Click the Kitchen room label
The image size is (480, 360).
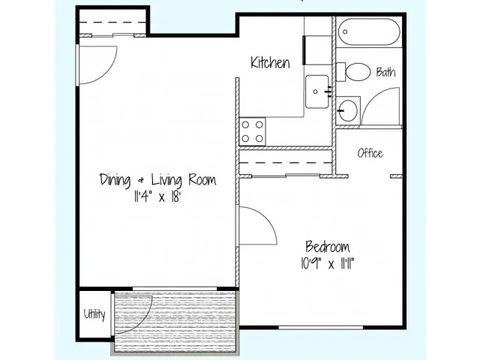(x=270, y=62)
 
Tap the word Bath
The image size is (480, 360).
(x=385, y=72)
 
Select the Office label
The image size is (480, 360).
(x=370, y=153)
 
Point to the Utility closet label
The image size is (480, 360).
(x=94, y=314)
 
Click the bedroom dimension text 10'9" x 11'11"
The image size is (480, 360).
(x=328, y=263)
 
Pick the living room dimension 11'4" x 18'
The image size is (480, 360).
(x=157, y=196)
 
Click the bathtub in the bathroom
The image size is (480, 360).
(x=369, y=31)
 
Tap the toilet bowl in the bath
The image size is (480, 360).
(x=357, y=72)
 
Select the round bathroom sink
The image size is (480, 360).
(x=348, y=109)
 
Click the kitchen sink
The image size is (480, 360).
(x=316, y=91)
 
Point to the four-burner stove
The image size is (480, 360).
(x=252, y=132)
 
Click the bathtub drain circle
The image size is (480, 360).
(x=345, y=31)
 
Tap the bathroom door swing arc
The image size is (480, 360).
(x=373, y=97)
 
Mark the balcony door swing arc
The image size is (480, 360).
(x=143, y=323)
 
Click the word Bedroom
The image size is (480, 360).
(x=328, y=247)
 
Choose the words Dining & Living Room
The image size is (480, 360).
(x=157, y=180)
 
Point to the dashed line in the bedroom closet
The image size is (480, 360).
(x=286, y=163)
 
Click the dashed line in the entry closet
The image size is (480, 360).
(x=112, y=22)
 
